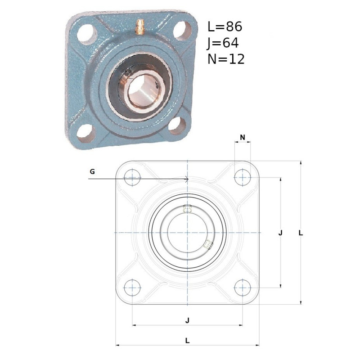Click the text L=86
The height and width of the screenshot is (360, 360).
point(225,27)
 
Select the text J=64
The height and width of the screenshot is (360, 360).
point(223,43)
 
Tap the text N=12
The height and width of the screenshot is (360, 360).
point(226,59)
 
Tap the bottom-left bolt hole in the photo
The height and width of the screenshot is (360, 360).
point(85,133)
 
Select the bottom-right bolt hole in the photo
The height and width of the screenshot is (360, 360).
point(177,126)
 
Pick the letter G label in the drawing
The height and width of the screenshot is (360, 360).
point(92,171)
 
